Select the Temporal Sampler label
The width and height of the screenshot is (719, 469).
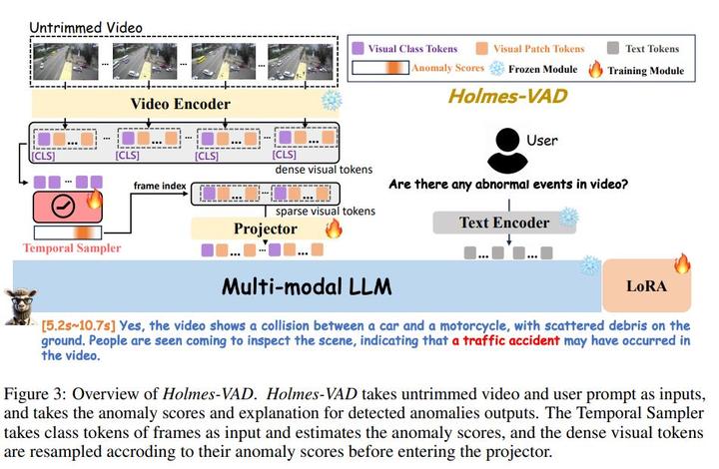coord(64,246)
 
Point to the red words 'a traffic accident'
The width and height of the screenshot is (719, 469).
coord(505,340)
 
